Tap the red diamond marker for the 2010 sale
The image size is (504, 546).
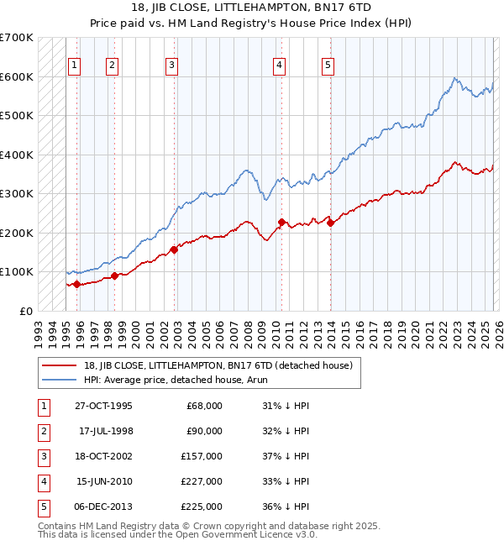click(x=281, y=222)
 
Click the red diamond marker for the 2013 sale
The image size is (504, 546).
click(x=330, y=223)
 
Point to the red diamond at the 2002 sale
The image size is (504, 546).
click(x=175, y=249)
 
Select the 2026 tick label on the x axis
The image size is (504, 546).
click(x=498, y=328)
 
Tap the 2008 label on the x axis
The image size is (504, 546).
click(x=248, y=328)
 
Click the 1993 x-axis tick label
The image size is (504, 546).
click(x=39, y=328)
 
